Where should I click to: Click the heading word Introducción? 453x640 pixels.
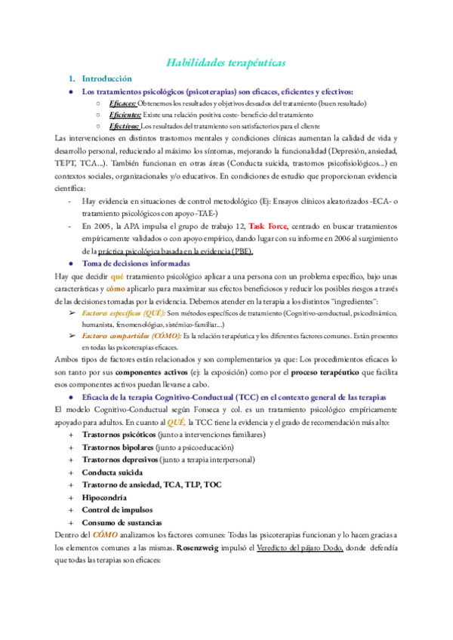click(106, 78)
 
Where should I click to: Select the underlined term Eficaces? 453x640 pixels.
click(122, 103)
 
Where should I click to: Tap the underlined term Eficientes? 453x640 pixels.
click(125, 115)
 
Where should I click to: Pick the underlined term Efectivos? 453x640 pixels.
click(125, 126)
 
